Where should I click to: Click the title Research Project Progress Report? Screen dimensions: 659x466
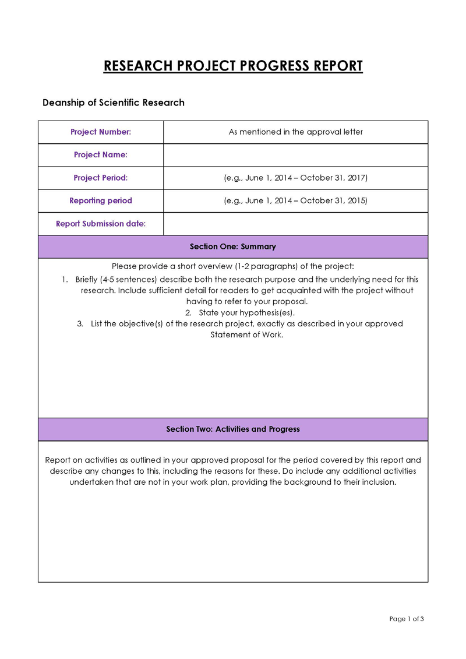233,66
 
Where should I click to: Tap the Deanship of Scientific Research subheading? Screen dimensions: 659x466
114,103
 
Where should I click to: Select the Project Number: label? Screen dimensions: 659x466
101,132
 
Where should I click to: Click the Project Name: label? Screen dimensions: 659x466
101,155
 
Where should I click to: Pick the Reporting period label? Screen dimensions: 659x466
101,200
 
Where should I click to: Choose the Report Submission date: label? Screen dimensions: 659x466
101,224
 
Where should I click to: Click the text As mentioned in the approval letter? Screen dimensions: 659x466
295,132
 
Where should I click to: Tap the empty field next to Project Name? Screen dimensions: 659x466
295,155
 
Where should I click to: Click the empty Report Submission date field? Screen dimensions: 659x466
295,224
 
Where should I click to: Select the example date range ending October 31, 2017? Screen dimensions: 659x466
295,178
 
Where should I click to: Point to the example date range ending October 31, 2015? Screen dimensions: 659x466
295,200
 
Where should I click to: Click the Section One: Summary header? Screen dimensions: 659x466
233,246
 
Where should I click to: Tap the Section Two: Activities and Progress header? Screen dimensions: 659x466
233,429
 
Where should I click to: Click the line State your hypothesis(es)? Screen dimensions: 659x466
246,312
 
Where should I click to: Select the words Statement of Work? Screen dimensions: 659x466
246,335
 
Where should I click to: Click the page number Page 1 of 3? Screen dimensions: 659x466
407,619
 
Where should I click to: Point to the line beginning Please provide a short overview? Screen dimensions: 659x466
233,266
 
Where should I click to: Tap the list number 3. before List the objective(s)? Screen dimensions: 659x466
80,324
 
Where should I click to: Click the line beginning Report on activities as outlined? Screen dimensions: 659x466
233,460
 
